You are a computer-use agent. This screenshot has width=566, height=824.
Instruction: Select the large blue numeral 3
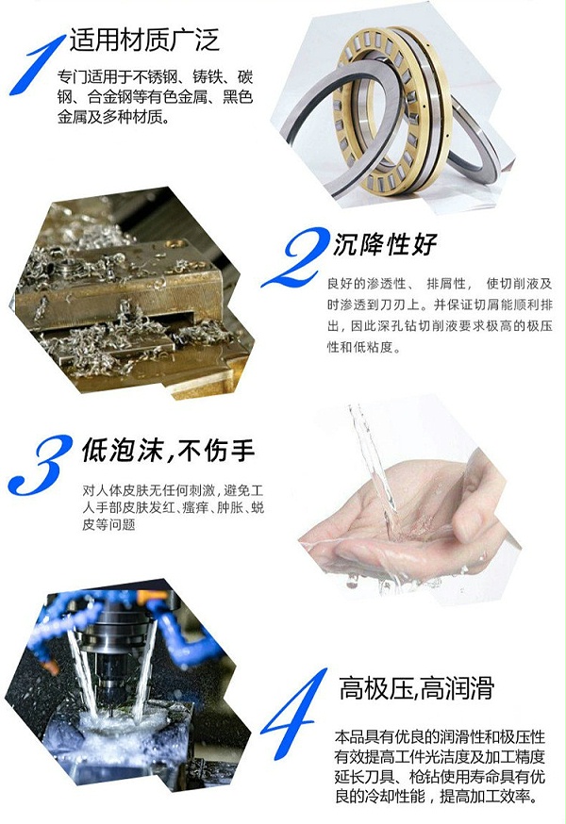click(x=40, y=465)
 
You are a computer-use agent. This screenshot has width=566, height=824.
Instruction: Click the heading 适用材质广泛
click(x=144, y=41)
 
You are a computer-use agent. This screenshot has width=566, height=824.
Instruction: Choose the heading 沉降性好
click(x=385, y=244)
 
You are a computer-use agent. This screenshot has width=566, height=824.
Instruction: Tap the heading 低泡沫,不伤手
click(x=168, y=451)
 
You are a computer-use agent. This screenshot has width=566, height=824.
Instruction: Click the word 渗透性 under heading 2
click(x=387, y=284)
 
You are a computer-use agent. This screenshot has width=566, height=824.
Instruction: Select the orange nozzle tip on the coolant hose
click(x=53, y=667)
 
